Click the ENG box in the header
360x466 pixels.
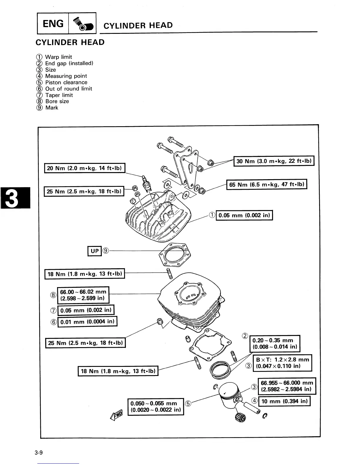tap(53, 24)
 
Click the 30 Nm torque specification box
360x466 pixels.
tap(274, 161)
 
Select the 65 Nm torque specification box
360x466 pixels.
tap(266, 184)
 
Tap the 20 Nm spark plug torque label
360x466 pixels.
tap(85, 168)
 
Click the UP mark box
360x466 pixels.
tap(94, 251)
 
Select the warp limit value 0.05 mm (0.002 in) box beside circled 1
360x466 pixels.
tap(244, 215)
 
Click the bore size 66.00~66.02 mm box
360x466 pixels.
tap(83, 295)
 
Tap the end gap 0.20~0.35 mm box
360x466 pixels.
tap(275, 343)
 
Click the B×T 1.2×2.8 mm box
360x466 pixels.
tap(282, 363)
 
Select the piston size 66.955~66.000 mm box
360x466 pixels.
tap(286, 386)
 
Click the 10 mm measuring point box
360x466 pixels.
tap(284, 401)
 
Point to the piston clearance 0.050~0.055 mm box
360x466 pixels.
tap(156, 407)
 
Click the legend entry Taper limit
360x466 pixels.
tap(59, 95)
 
